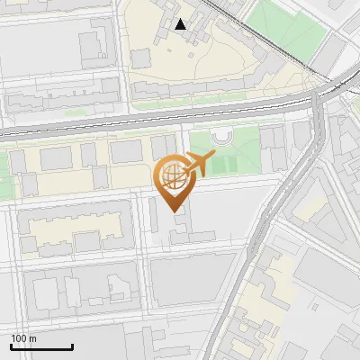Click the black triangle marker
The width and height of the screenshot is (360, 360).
click(181, 24)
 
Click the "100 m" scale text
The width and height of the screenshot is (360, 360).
click(24, 338)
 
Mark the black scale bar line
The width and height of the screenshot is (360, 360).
click(41, 347)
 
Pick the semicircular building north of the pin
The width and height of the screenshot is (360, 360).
click(221, 138)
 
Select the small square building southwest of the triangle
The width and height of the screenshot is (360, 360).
click(140, 58)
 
